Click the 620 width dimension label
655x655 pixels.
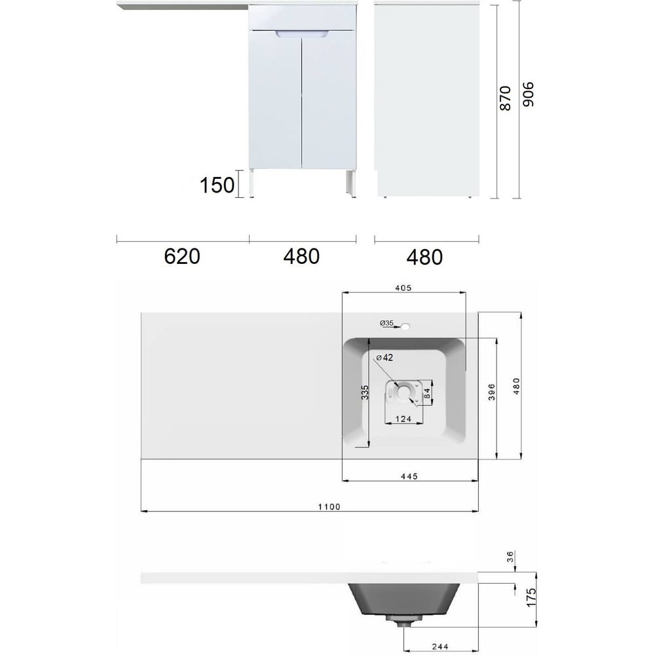tap(181, 256)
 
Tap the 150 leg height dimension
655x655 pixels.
tap(217, 185)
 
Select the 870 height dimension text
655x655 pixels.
tap(506, 98)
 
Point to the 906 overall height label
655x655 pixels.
tap(529, 94)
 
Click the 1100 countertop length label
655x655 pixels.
tap(329, 507)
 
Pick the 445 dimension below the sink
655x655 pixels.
tap(409, 476)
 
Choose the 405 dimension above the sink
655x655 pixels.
tap(403, 288)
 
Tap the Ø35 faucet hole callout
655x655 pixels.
tap(387, 323)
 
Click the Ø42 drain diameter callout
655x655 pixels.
tap(384, 358)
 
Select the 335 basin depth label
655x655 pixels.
tap(365, 392)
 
